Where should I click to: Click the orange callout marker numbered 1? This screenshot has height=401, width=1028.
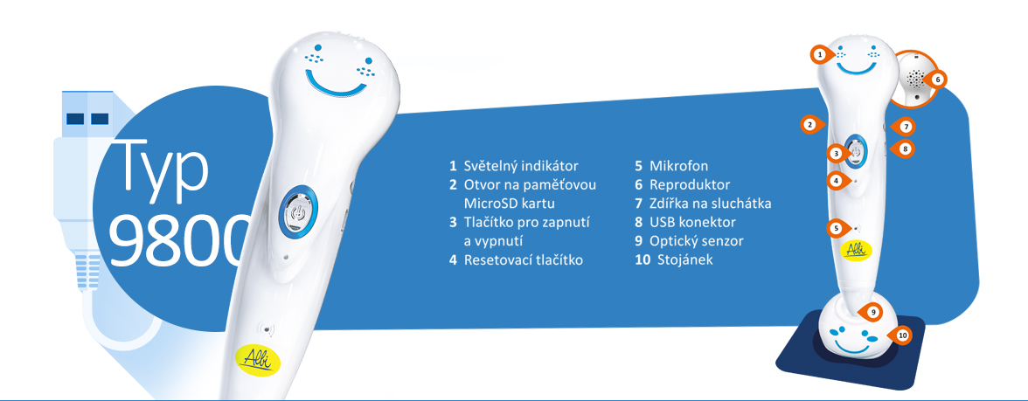pyautogui.click(x=820, y=55)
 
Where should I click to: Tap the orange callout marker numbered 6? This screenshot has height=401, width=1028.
pyautogui.click(x=935, y=80)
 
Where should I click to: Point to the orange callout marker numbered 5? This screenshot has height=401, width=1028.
pyautogui.click(x=836, y=228)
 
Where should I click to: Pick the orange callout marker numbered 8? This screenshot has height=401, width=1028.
pyautogui.click(x=904, y=149)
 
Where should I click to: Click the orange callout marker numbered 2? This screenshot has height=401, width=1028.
pyautogui.click(x=810, y=124)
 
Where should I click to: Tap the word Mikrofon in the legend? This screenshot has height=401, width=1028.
pyautogui.click(x=678, y=166)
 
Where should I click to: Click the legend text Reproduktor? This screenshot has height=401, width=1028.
pyautogui.click(x=689, y=185)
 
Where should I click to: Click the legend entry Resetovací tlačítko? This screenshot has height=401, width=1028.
pyautogui.click(x=523, y=260)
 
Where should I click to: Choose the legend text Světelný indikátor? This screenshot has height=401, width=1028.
pyautogui.click(x=521, y=166)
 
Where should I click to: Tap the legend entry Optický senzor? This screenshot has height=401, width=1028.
pyautogui.click(x=696, y=241)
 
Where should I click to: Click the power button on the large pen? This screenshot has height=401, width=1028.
pyautogui.click(x=298, y=211)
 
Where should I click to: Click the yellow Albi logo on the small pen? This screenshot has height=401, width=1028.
pyautogui.click(x=853, y=250)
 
